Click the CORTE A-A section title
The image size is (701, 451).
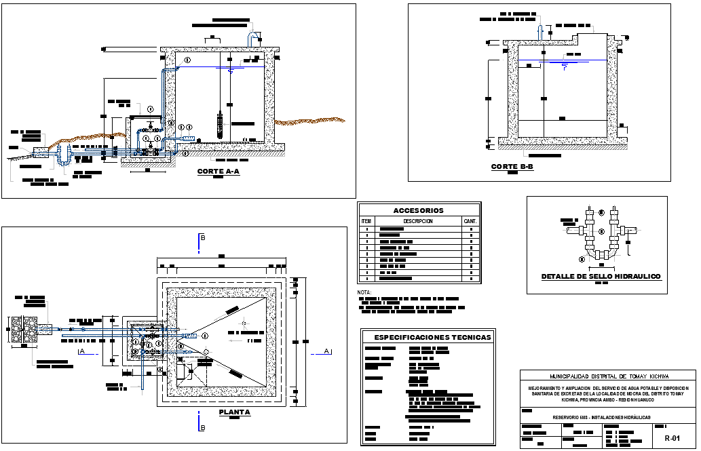[x=218, y=172]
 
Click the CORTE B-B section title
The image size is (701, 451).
[x=512, y=167]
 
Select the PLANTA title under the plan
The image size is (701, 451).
[x=235, y=412]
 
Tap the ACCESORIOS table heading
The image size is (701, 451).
[x=419, y=211]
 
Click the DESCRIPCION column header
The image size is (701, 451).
[x=418, y=221]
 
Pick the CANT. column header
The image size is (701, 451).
[x=470, y=221]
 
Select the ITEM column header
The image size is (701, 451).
[x=366, y=221]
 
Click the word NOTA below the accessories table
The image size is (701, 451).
[x=365, y=292]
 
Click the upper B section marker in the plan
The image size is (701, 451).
[x=202, y=238]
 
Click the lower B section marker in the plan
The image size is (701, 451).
[x=202, y=427]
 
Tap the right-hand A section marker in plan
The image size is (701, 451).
[x=326, y=351]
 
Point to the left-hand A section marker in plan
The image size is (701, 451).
[x=81, y=351]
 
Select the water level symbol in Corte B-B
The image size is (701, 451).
[x=564, y=64]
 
